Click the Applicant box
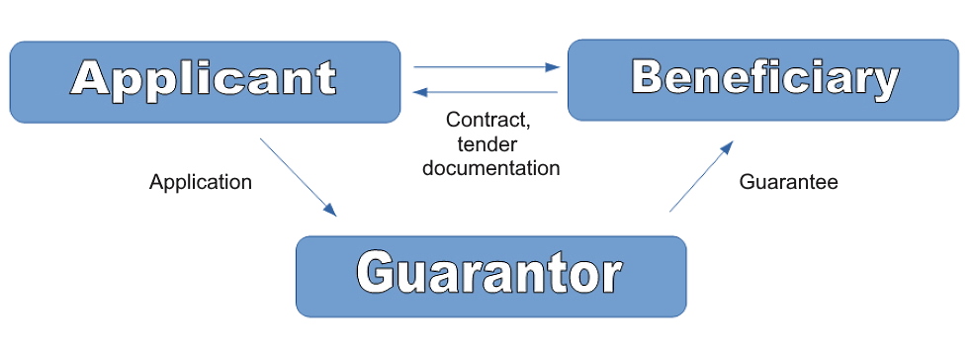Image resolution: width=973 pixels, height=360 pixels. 204,82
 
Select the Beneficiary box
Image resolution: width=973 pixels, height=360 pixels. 762,80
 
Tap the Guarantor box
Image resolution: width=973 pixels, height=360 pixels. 490,276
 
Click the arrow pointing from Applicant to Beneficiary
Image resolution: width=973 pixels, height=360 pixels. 486,67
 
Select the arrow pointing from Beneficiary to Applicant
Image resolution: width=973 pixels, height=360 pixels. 486,92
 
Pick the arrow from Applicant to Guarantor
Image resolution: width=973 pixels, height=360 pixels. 298,177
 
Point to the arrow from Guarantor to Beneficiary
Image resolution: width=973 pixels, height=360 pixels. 701,176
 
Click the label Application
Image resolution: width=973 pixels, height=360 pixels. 201,182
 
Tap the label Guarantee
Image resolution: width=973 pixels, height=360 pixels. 788,182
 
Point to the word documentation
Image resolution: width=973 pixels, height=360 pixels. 490,167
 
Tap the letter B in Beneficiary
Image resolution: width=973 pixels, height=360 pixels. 648,76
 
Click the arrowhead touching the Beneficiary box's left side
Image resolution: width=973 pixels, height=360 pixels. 554,67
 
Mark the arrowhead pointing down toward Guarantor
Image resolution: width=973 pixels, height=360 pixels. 330,210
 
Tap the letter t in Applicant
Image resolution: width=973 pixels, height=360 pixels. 326,78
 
